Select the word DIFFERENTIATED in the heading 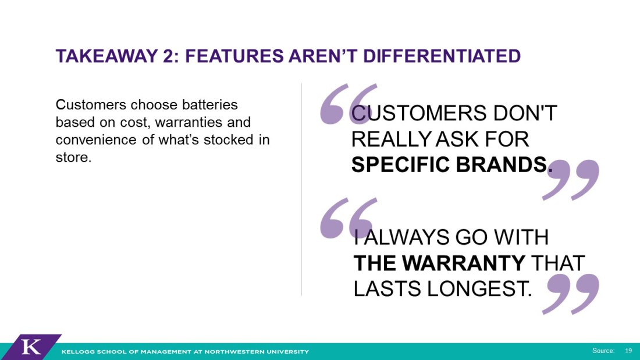coord(442,56)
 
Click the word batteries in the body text coord(210,105)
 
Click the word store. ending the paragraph coord(73,157)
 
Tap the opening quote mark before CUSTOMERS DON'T coord(348,104)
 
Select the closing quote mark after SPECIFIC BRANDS coord(571,180)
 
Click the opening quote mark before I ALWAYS coord(348,218)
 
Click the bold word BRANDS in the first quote coord(504,165)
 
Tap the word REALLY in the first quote coord(391,139)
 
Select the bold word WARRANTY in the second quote coord(464,263)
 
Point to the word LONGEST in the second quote coord(479,289)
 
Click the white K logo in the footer coord(31,347)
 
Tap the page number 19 coord(628,351)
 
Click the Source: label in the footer coord(603,351)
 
